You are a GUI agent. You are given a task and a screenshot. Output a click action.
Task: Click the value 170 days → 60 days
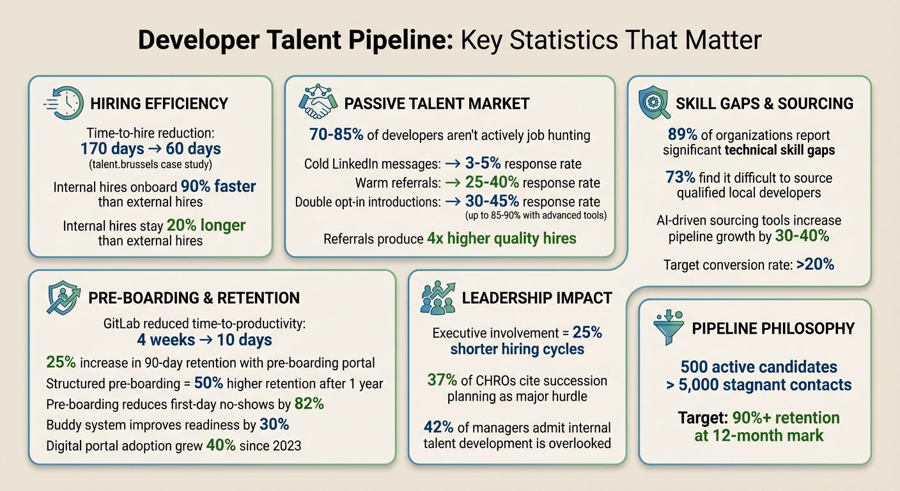pyautogui.click(x=151, y=150)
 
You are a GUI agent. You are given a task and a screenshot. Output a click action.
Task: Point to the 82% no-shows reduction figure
pyautogui.click(x=309, y=403)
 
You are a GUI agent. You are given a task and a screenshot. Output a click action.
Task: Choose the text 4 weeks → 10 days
pyautogui.click(x=205, y=339)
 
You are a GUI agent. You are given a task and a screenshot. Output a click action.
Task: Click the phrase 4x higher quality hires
pyautogui.click(x=502, y=238)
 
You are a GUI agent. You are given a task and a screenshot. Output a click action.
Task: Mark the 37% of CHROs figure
pyautogui.click(x=442, y=380)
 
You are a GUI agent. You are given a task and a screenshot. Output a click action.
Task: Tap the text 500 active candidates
pyautogui.click(x=759, y=367)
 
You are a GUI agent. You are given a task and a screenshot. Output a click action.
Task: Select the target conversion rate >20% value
pyautogui.click(x=815, y=264)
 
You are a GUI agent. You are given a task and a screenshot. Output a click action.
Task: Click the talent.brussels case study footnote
pyautogui.click(x=151, y=166)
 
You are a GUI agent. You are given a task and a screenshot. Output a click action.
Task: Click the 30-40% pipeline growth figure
pyautogui.click(x=802, y=236)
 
